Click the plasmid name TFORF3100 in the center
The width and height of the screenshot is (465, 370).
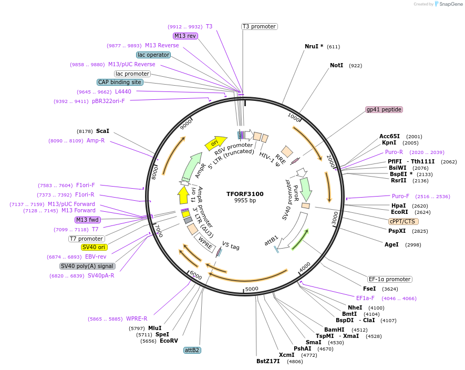245,194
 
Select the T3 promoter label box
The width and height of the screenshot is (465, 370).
259,26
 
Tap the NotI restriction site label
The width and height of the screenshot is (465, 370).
336,66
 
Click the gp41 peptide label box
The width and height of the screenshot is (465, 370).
384,109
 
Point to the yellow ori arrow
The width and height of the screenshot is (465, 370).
215,142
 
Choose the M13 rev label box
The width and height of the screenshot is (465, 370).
185,36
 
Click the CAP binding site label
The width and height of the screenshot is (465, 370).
119,82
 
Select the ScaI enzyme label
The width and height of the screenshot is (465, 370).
102,131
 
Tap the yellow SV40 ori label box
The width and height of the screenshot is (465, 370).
94,247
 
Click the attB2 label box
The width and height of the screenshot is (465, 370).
192,350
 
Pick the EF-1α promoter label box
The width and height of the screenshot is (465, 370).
389,279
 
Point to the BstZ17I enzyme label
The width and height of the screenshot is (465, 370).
268,362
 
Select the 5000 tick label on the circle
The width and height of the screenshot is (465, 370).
252,289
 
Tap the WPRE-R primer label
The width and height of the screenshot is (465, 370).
137,318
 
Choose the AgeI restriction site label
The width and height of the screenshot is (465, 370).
391,244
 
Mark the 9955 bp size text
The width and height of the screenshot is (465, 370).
245,200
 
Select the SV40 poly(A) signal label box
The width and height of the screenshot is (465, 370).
87,266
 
